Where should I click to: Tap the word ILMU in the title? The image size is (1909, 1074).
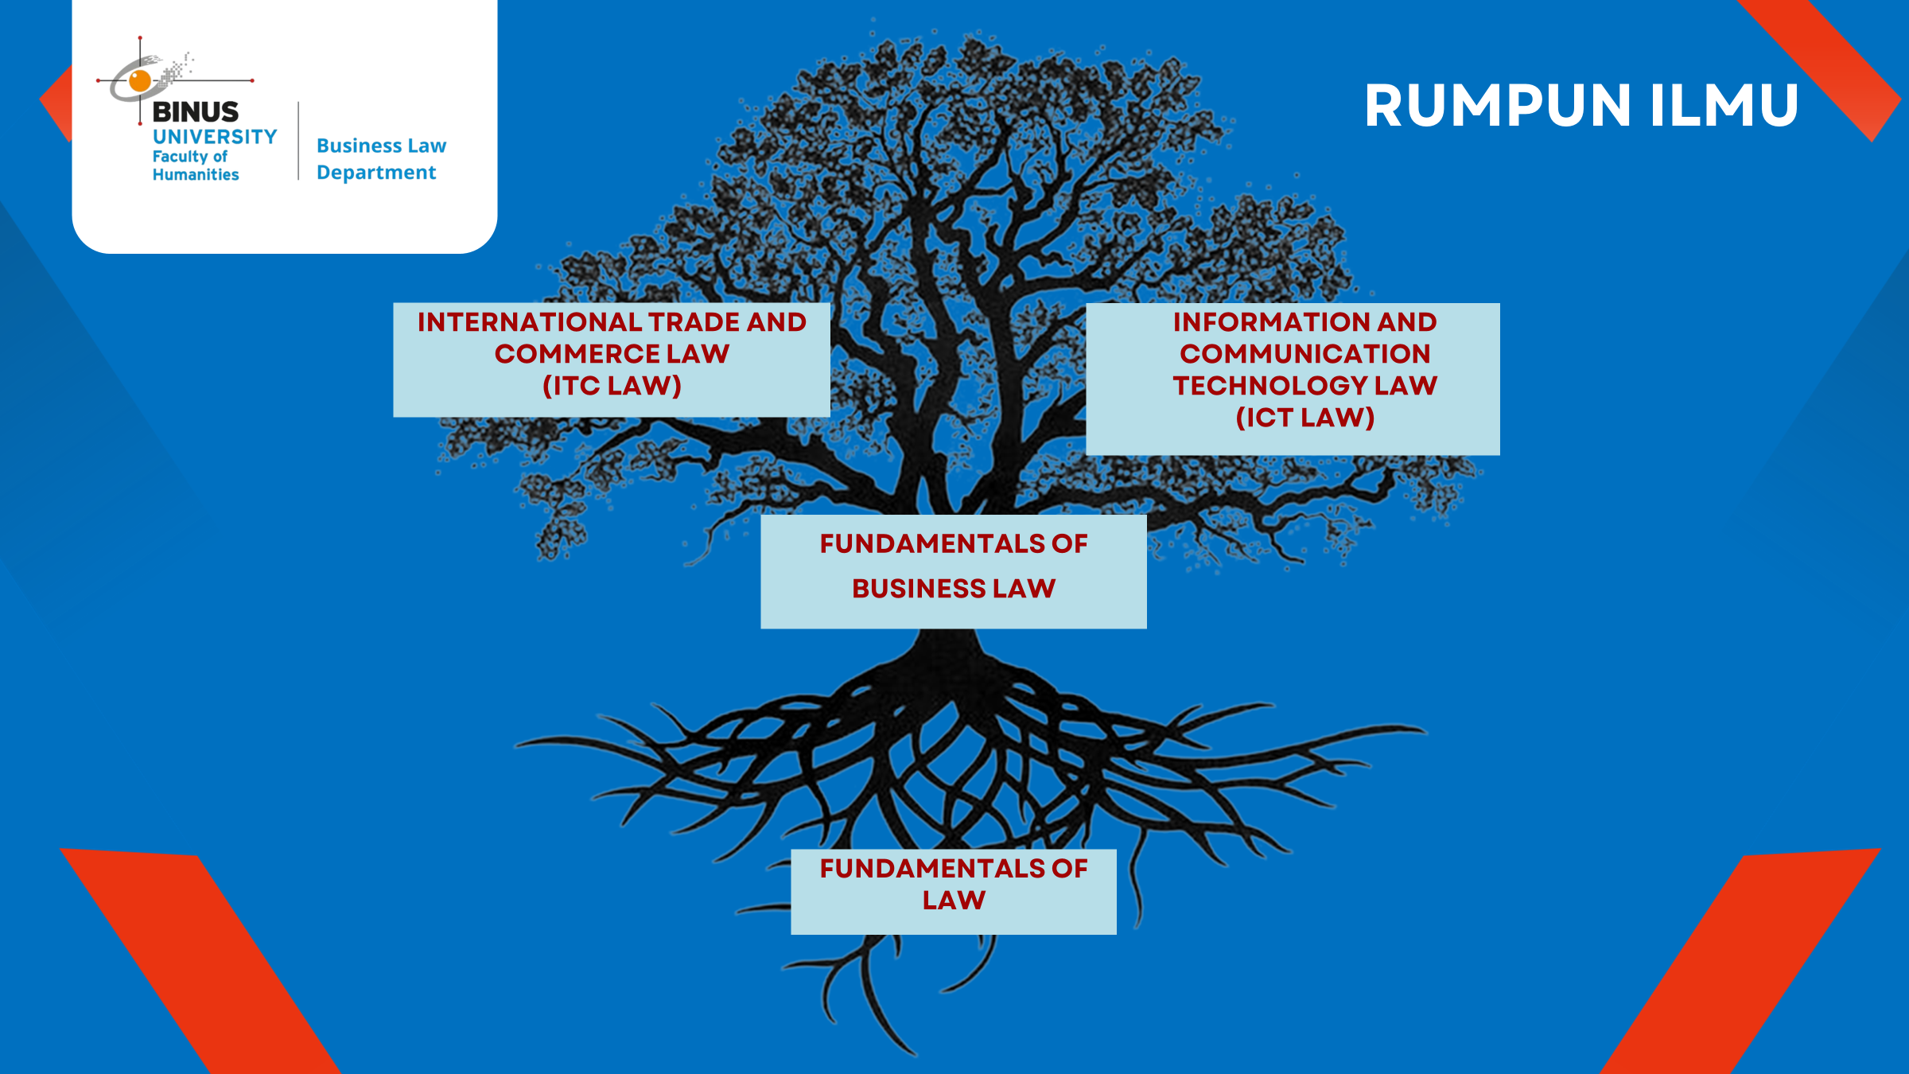point(1724,105)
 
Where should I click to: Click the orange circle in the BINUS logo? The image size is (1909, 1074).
point(140,80)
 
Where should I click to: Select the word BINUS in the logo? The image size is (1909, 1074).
point(196,111)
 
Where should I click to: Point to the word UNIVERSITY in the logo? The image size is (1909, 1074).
point(215,137)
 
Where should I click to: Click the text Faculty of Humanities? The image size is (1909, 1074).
point(196,165)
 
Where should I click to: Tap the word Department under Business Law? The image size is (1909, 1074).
point(376,173)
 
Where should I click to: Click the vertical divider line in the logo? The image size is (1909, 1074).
point(298,141)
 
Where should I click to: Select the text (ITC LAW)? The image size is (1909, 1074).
point(612,386)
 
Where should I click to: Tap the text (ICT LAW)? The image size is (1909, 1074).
point(1304,418)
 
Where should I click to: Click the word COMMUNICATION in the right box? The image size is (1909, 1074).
point(1304,354)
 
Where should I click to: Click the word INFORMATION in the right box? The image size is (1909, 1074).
point(1271,322)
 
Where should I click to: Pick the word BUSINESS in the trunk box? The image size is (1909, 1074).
point(919,589)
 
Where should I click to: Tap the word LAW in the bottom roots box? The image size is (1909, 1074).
point(954,901)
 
